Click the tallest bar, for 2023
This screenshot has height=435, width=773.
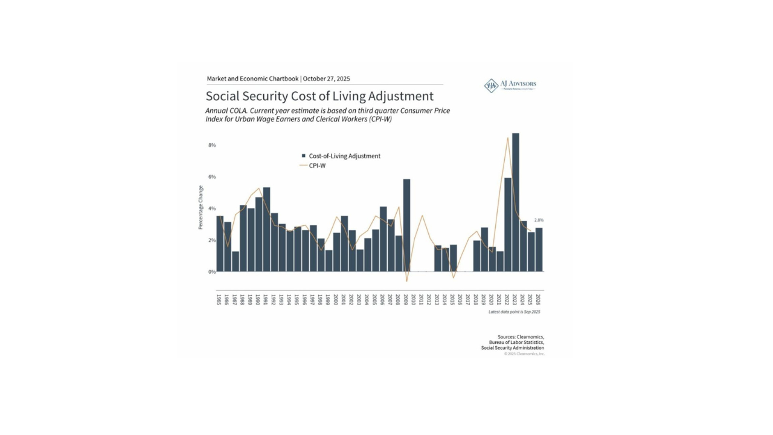(x=515, y=202)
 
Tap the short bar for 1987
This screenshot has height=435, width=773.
(x=236, y=261)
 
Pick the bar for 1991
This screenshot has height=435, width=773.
(x=266, y=230)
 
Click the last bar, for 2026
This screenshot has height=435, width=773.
(x=539, y=250)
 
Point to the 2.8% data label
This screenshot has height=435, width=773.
(x=539, y=221)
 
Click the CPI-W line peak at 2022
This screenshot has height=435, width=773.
(x=508, y=138)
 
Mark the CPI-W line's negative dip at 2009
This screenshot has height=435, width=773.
(x=406, y=281)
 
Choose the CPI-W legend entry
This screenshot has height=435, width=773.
(x=317, y=165)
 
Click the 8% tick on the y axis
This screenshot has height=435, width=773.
(x=212, y=145)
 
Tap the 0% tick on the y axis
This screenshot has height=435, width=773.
(x=212, y=272)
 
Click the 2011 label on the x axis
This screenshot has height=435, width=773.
(x=422, y=300)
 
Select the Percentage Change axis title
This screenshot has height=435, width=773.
(x=201, y=207)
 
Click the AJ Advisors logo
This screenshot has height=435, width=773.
(x=510, y=85)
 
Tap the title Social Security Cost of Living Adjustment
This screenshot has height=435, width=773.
(x=319, y=96)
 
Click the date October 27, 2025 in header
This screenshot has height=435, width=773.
(x=326, y=79)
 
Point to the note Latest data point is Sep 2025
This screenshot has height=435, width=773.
(x=514, y=312)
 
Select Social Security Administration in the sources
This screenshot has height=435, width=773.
(x=512, y=348)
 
